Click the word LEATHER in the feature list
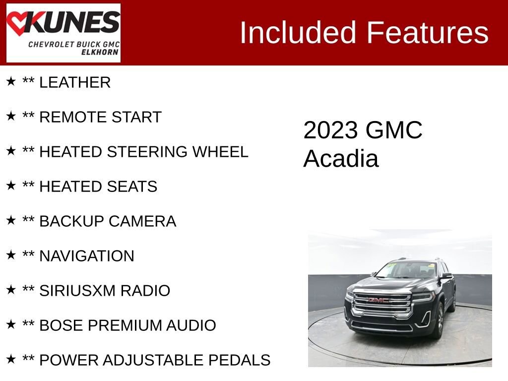click(x=75, y=83)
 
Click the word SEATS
click(x=135, y=187)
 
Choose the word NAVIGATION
click(x=86, y=256)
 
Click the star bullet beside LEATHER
click(x=11, y=81)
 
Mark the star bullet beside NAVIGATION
click(x=11, y=255)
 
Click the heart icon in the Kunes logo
click(x=18, y=24)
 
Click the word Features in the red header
click(x=428, y=33)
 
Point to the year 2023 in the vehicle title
click(x=330, y=130)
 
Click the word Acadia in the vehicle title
click(x=341, y=159)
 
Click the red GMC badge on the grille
click(x=378, y=300)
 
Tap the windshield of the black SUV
click(x=407, y=270)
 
